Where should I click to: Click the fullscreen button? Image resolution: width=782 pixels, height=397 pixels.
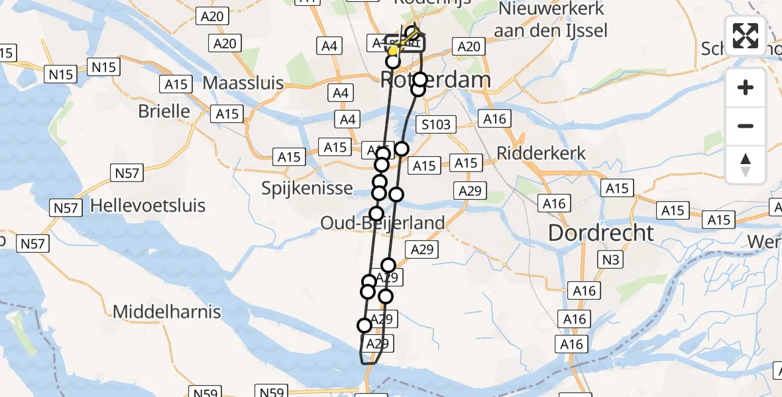click(746, 36)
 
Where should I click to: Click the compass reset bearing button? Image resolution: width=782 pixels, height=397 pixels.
click(746, 165)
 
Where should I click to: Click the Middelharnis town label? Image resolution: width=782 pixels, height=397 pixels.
click(167, 312)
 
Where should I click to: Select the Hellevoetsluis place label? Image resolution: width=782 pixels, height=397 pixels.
click(148, 206)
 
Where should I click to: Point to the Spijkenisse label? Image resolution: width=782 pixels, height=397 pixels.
click(307, 189)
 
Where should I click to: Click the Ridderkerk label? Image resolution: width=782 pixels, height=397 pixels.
click(542, 154)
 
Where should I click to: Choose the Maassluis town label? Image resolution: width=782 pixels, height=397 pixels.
click(243, 84)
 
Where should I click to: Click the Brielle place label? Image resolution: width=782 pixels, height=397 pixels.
click(164, 111)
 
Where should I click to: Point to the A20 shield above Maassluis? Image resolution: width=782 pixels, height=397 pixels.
click(225, 44)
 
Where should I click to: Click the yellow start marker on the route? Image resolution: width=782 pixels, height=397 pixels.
click(393, 51)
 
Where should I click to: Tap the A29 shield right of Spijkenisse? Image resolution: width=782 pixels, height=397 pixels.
click(470, 191)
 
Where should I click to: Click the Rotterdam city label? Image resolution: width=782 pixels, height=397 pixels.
click(436, 81)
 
